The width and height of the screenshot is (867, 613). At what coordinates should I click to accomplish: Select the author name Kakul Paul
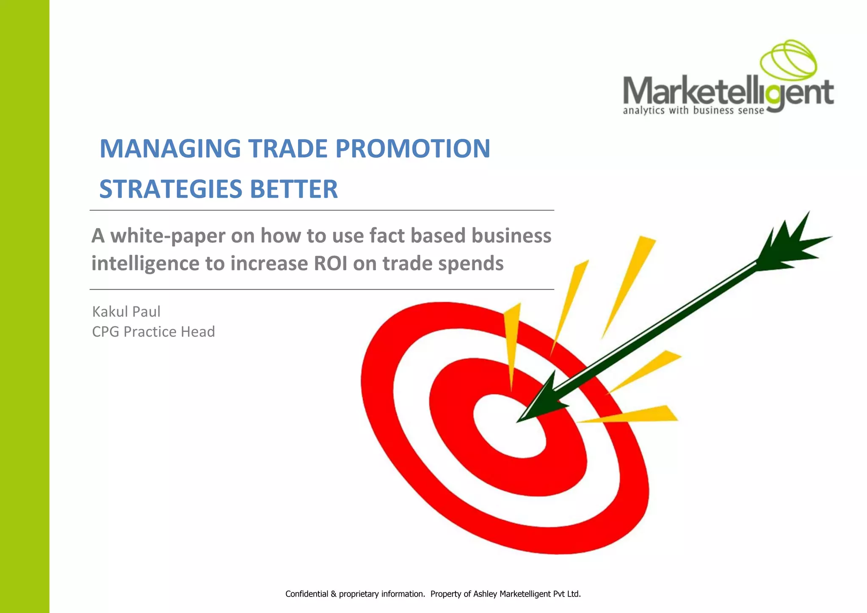pyautogui.click(x=126, y=312)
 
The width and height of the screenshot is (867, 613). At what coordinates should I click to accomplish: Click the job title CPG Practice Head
pyautogui.click(x=153, y=331)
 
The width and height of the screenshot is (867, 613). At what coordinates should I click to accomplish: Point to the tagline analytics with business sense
pyautogui.click(x=693, y=111)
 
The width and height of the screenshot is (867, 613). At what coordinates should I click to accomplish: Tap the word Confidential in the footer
pyautogui.click(x=306, y=594)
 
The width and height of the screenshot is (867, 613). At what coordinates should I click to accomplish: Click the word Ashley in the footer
pyautogui.click(x=485, y=594)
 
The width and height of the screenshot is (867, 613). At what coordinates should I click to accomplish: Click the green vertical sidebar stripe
pyautogui.click(x=25, y=306)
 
